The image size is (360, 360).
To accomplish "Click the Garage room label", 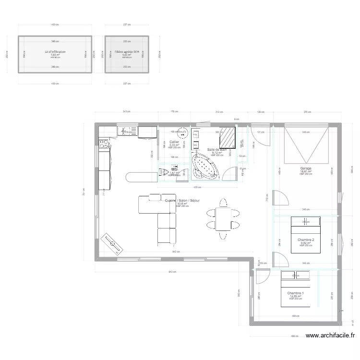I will pyautogui.click(x=306, y=168).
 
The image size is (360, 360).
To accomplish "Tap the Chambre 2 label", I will pyautogui.click(x=306, y=240).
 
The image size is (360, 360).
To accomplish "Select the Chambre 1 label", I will pyautogui.click(x=295, y=293).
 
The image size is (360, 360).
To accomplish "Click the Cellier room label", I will pyautogui.click(x=174, y=142).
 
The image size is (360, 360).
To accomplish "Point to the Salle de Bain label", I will pyautogui.click(x=217, y=150).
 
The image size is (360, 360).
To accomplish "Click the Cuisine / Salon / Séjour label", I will pyautogui.click(x=182, y=201).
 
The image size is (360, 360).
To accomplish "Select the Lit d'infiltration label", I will pyautogui.click(x=55, y=51).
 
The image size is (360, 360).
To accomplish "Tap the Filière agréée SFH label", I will pyautogui.click(x=127, y=51).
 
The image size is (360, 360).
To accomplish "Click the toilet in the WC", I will pyautogui.click(x=164, y=171).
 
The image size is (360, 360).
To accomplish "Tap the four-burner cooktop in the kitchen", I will pyautogui.click(x=104, y=142).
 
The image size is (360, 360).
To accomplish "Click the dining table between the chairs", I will pyautogui.click(x=222, y=219).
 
